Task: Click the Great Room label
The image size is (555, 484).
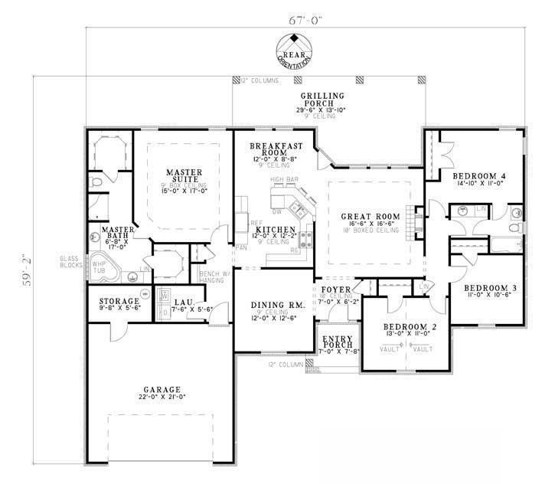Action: click(x=368, y=216)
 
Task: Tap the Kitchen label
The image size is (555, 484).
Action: click(x=273, y=230)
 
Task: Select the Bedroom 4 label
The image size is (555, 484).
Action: click(x=482, y=175)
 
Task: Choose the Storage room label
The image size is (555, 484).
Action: click(x=118, y=301)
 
